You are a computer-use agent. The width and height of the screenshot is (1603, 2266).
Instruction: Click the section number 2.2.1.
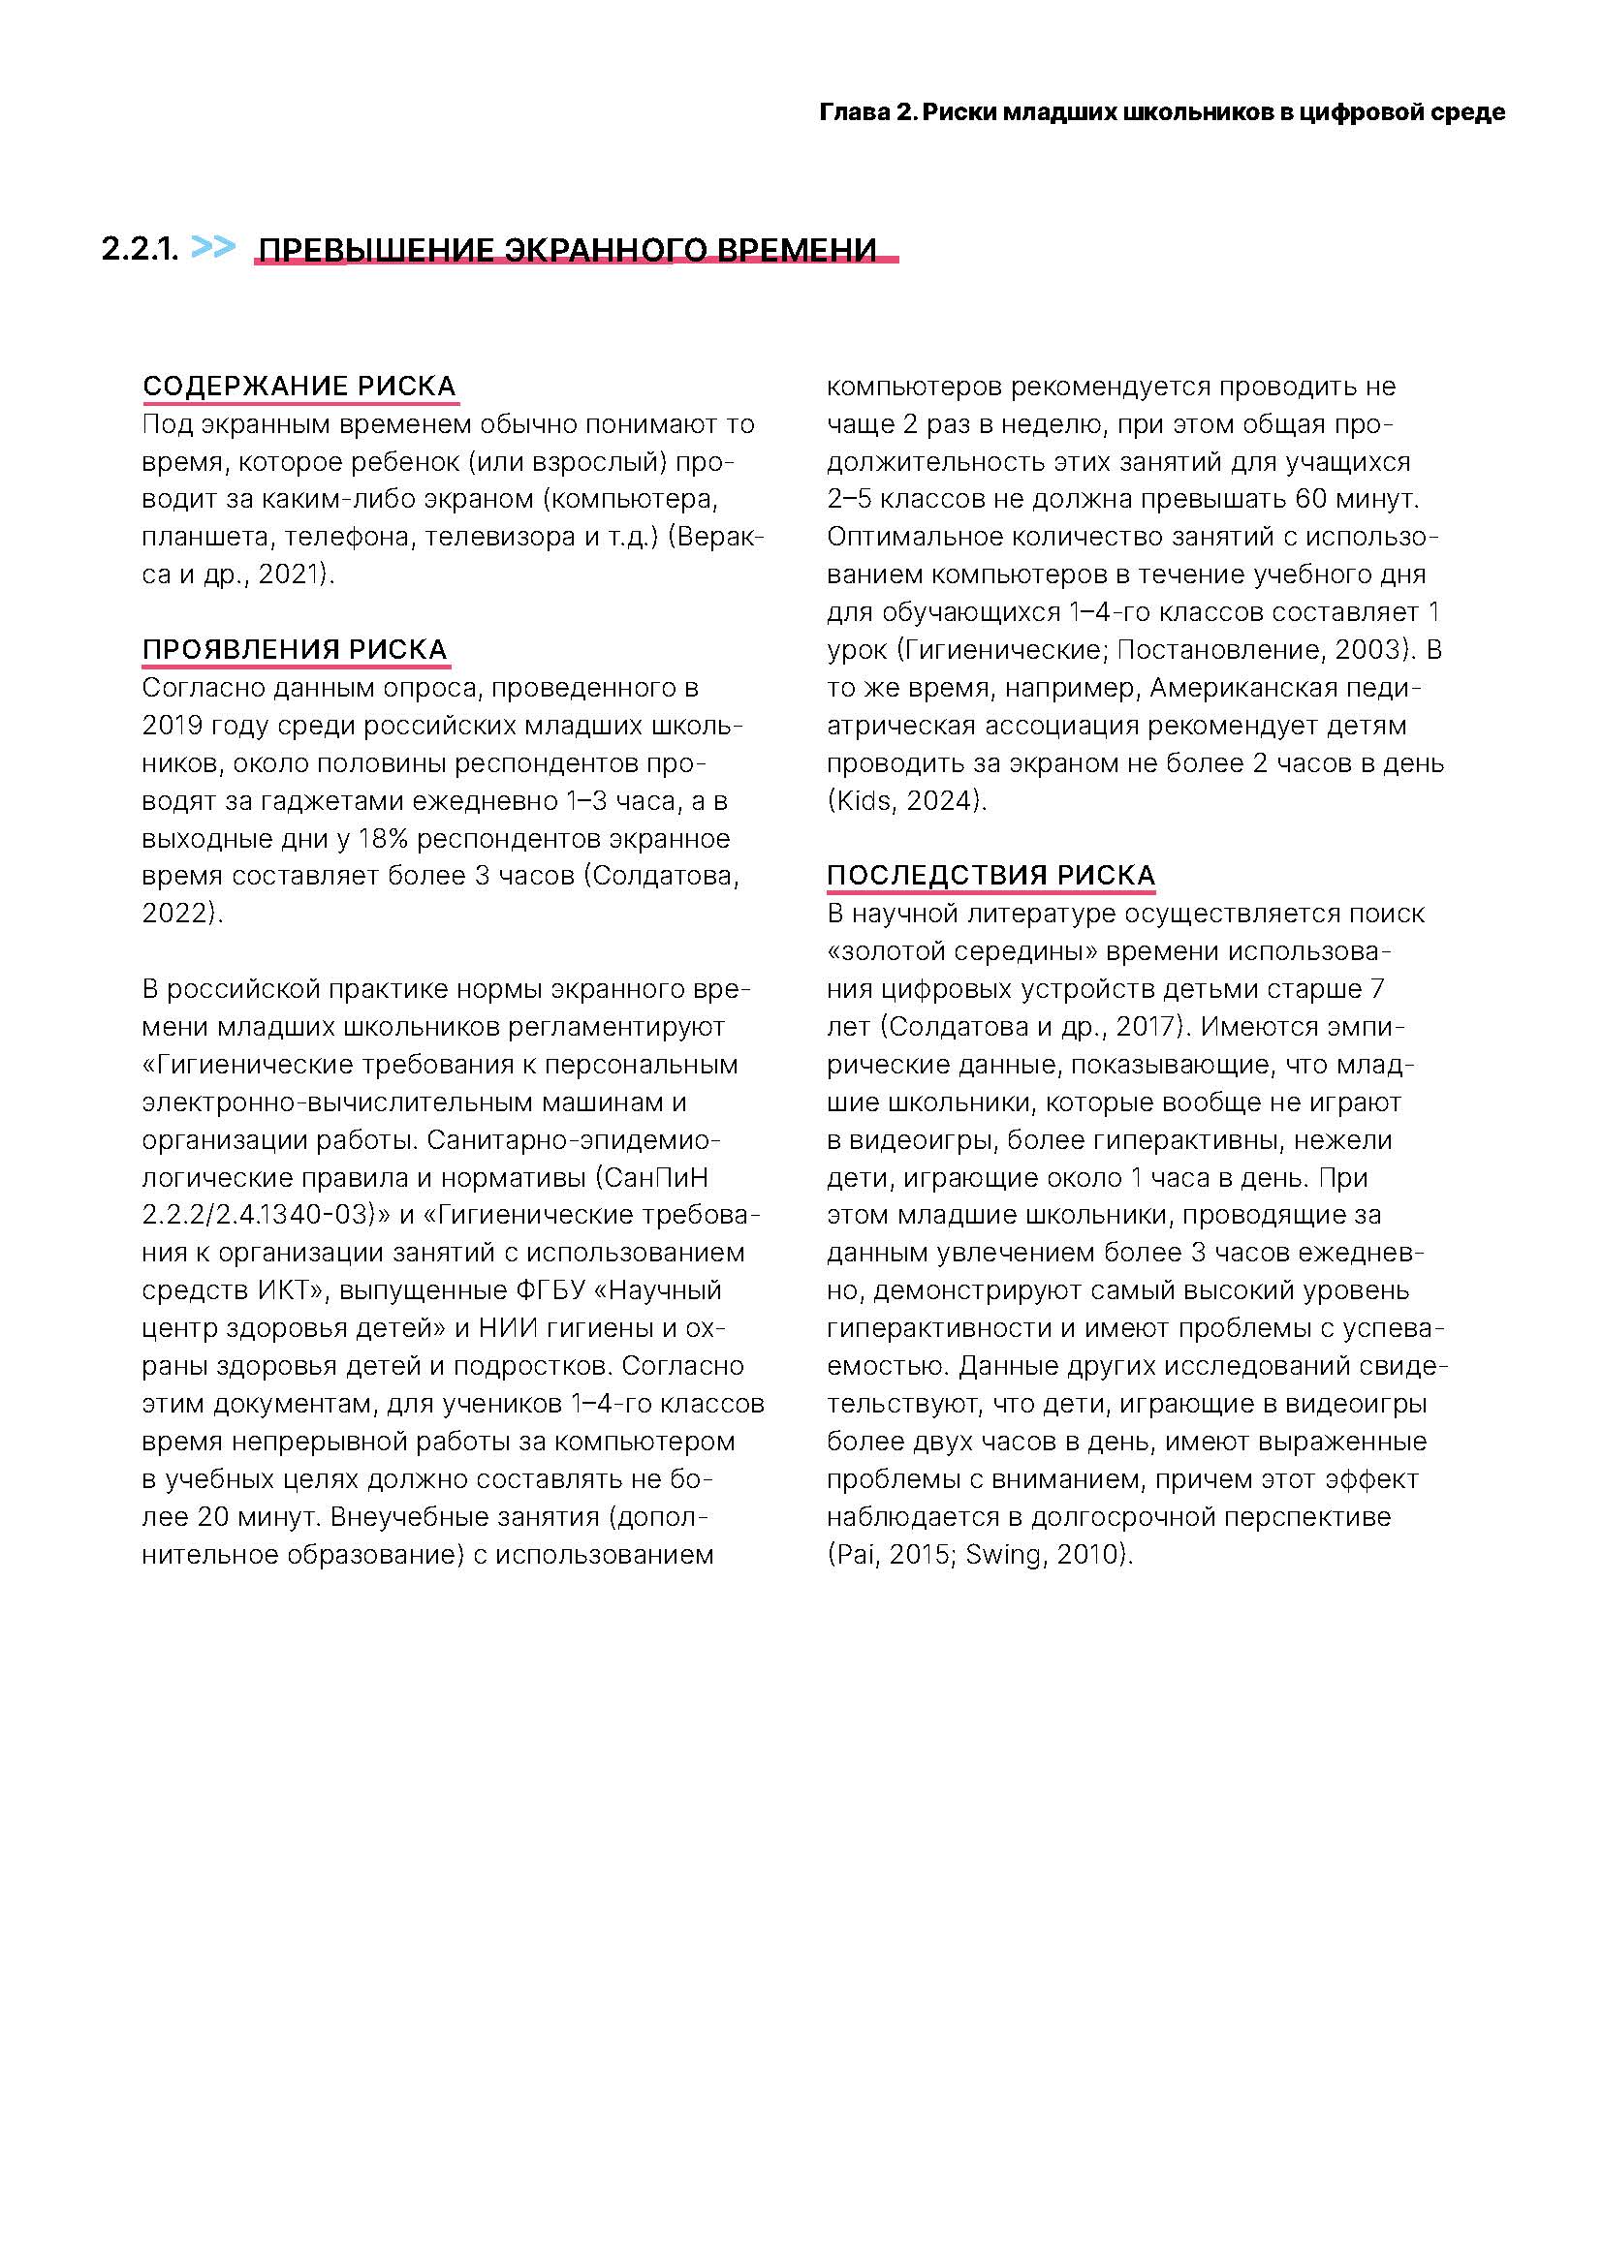click(x=140, y=249)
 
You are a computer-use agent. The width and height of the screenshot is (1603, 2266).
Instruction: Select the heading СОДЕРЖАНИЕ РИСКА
click(x=299, y=386)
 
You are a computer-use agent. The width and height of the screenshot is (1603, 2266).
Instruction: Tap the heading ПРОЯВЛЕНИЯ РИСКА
click(x=295, y=649)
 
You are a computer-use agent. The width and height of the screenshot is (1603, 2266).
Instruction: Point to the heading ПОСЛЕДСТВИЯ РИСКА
click(x=990, y=876)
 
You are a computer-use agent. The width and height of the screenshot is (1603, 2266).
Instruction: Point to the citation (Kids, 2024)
click(x=906, y=800)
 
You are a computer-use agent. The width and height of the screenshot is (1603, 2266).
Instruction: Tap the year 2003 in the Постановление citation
click(x=1367, y=649)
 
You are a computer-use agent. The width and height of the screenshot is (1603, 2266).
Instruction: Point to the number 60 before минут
click(x=1311, y=498)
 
